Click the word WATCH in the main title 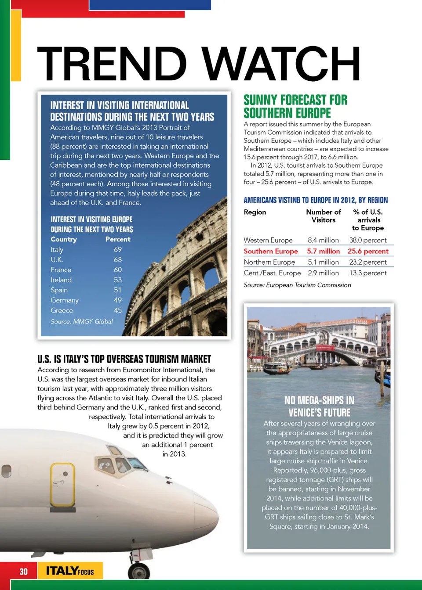(x=281, y=64)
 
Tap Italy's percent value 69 (x=118, y=249)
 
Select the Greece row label (x=62, y=310)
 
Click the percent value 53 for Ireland (x=118, y=280)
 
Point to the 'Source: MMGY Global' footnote (x=82, y=321)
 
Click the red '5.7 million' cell (x=324, y=251)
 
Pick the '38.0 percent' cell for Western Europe (x=368, y=240)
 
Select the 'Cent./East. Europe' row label (x=273, y=273)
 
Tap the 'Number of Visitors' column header (x=324, y=216)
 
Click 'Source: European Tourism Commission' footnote (x=298, y=285)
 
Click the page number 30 (x=23, y=571)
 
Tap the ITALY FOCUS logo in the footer (x=70, y=571)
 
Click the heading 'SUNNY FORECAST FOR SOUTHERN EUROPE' (x=295, y=107)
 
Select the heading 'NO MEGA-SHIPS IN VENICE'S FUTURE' (x=319, y=407)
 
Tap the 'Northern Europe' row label (x=269, y=262)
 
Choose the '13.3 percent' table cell (x=368, y=273)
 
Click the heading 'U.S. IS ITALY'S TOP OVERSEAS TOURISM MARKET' (x=124, y=359)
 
